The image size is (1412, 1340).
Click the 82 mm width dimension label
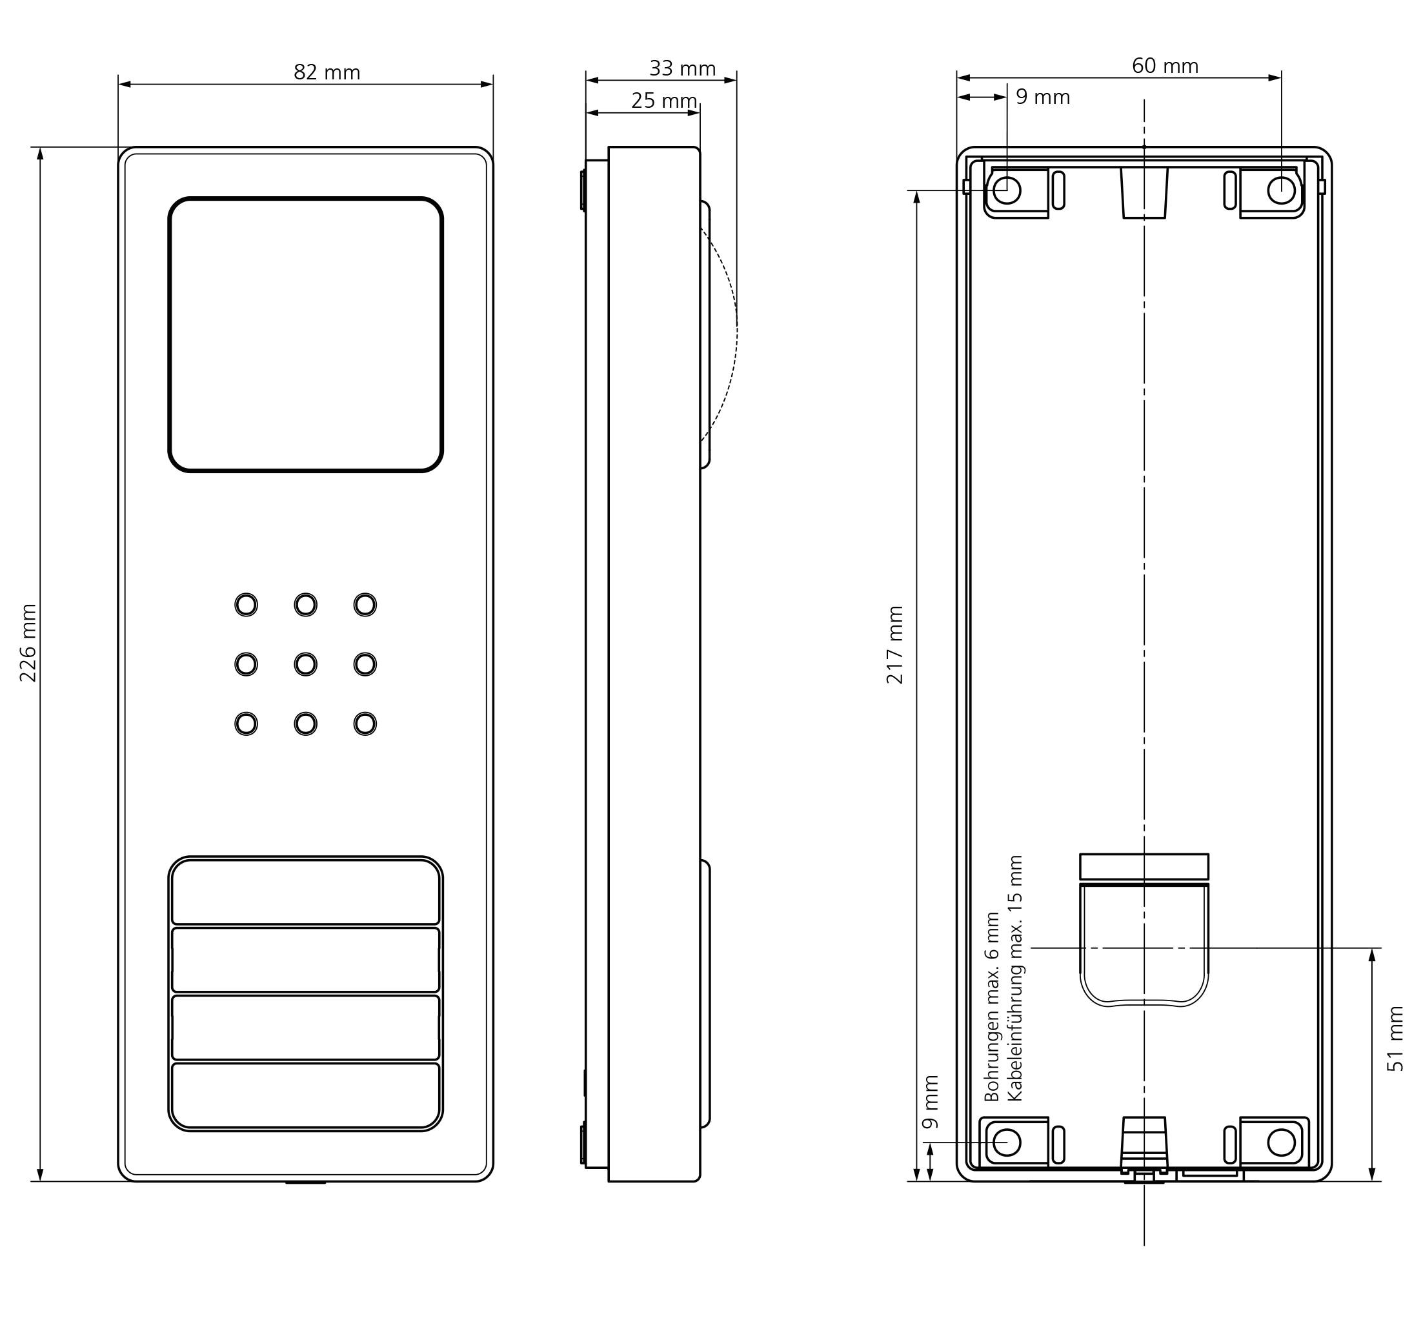327,72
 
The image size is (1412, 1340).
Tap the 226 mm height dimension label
28,643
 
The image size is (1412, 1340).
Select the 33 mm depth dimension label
682,68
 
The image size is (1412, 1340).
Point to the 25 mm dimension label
664,101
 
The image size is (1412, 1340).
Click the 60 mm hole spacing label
1165,66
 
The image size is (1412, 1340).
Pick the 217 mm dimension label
895,645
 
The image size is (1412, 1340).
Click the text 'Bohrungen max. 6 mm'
992,1006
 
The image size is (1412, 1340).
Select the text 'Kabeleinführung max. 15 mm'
1014,979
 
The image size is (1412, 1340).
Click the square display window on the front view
306,334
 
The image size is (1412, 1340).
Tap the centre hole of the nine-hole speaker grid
306,664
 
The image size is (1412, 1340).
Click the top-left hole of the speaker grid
247,605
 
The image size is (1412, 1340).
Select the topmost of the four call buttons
306,891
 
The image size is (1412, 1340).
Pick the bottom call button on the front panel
306,1096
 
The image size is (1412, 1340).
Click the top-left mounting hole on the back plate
1007,190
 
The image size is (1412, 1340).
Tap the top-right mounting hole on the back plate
1281,190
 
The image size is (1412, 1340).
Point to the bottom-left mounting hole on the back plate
1007,1142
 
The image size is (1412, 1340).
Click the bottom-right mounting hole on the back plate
1281,1142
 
